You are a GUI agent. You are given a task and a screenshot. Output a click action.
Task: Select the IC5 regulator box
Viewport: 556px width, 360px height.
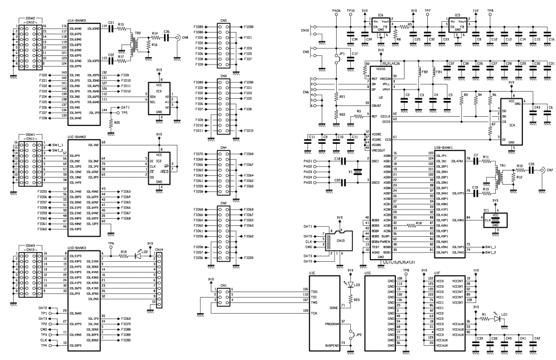[457, 25]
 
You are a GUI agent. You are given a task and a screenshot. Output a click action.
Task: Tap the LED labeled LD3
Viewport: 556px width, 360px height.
[350, 285]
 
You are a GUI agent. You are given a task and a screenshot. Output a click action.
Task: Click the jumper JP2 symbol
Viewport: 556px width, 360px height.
[350, 336]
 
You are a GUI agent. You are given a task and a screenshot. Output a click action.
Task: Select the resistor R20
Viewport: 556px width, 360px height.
[111, 123]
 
